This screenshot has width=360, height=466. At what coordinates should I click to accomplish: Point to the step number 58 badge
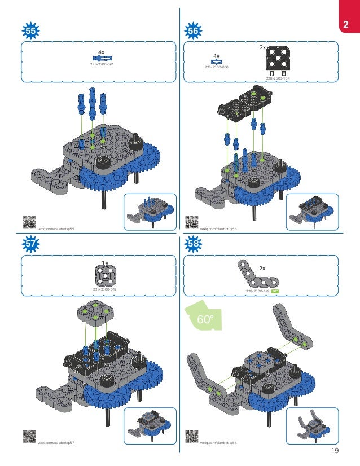(x=193, y=243)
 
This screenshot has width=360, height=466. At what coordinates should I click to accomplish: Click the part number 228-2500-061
(x=102, y=65)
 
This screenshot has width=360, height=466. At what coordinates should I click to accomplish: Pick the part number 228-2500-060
(x=216, y=67)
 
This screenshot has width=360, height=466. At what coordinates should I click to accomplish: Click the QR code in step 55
(x=28, y=221)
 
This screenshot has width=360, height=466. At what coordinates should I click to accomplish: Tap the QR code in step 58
(x=192, y=435)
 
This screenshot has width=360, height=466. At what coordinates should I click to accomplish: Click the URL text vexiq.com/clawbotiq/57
(x=56, y=443)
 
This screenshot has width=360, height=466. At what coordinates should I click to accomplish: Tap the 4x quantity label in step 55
(x=102, y=52)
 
